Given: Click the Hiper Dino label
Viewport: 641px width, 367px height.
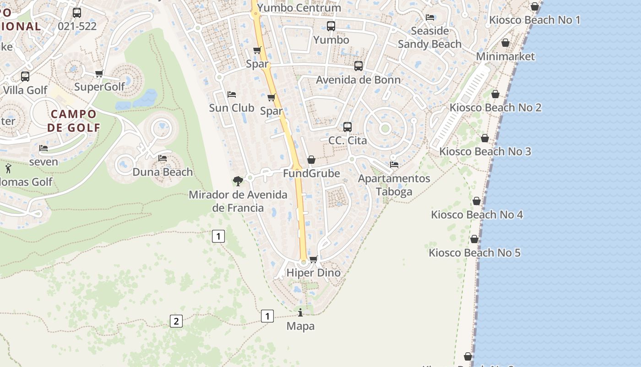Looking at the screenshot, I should click(x=314, y=273).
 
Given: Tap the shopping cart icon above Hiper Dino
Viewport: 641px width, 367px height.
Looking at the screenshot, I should click(x=314, y=260).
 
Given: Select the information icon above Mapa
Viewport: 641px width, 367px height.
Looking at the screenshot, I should click(x=300, y=313).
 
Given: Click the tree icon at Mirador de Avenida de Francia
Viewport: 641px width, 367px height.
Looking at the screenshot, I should click(x=238, y=181).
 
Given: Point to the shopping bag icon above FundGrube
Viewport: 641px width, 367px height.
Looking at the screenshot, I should click(x=311, y=160).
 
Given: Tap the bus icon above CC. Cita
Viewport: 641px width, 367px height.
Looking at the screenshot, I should click(x=348, y=127).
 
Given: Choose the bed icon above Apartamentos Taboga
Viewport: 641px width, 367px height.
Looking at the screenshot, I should click(x=394, y=165).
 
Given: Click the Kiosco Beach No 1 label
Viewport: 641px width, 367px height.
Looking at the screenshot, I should click(x=535, y=20).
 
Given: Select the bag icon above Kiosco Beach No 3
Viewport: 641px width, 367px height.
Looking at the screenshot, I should click(x=485, y=138).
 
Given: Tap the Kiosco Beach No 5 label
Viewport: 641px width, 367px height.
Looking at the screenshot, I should click(x=475, y=253).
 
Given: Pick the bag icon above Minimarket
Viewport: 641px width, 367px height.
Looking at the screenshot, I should click(x=505, y=43).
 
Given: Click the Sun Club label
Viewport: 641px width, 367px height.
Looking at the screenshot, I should click(x=232, y=108).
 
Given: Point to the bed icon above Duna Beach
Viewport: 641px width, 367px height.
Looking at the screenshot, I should click(x=163, y=158).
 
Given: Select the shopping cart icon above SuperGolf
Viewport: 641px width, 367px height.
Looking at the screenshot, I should click(x=99, y=73).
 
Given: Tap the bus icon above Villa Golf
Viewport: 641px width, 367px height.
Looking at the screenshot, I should click(x=25, y=77).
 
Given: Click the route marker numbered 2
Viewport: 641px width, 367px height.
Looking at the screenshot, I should click(x=176, y=321).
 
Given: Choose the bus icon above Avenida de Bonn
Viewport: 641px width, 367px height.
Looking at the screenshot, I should click(x=359, y=66).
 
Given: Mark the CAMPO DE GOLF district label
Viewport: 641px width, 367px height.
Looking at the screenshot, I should click(x=74, y=121).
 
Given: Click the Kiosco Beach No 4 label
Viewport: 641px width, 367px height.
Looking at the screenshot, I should click(x=477, y=215).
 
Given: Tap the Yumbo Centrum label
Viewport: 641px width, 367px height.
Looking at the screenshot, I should click(x=299, y=8).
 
